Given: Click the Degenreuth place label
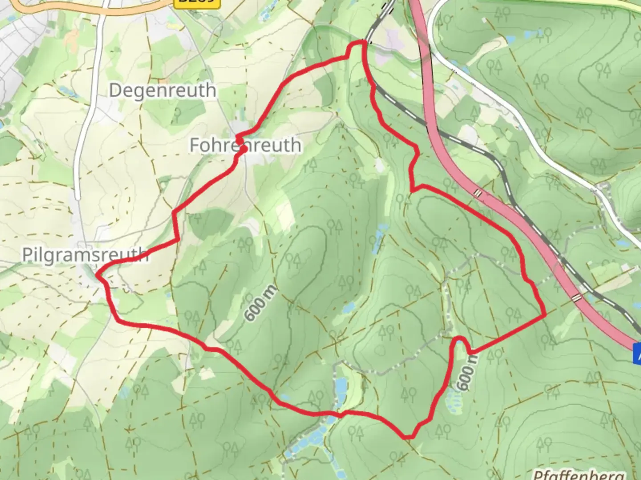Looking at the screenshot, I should pyautogui.click(x=162, y=91).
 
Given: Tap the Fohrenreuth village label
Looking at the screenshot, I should pyautogui.click(x=245, y=145).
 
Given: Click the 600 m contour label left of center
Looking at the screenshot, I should pyautogui.click(x=260, y=303).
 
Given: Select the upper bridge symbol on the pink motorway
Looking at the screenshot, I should pyautogui.click(x=478, y=193).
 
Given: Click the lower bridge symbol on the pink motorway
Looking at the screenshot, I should pyautogui.click(x=577, y=298).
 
